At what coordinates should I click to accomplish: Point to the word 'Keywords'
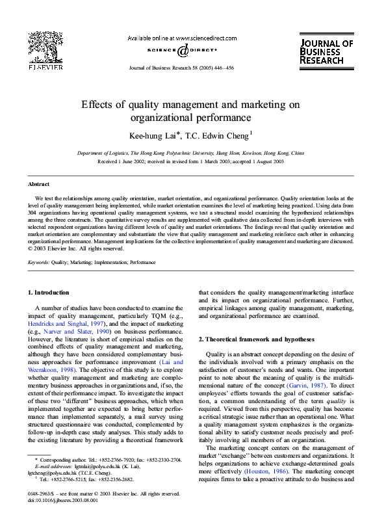click(38, 262)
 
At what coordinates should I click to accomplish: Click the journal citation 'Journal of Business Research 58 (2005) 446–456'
click(182, 67)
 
